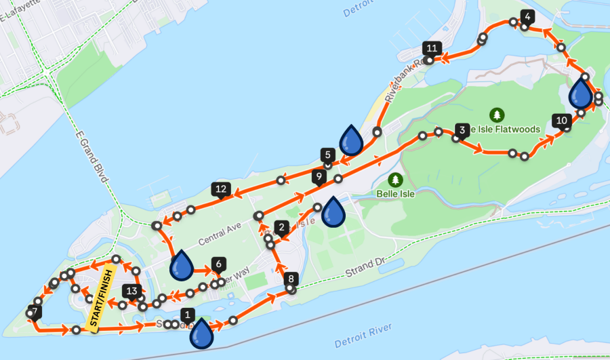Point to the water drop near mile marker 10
point(581,92)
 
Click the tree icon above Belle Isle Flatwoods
point(497,114)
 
